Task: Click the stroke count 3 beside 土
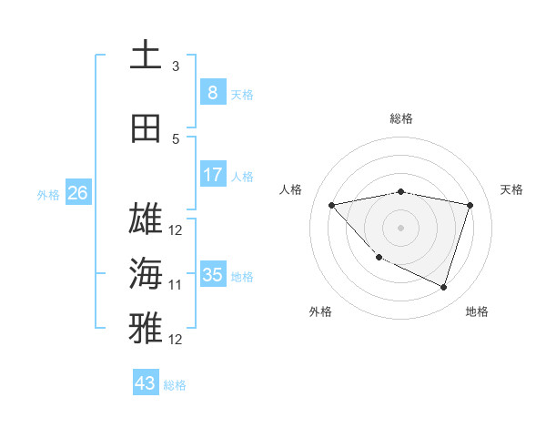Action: pyautogui.click(x=176, y=66)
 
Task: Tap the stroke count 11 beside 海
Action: pyautogui.click(x=176, y=285)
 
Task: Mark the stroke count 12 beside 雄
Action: pyautogui.click(x=176, y=229)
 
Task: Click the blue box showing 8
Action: pyautogui.click(x=212, y=92)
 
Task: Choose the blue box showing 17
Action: pyautogui.click(x=212, y=174)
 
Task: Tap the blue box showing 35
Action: pyautogui.click(x=212, y=274)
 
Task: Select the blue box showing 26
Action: pyautogui.click(x=77, y=192)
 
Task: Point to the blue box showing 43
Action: pyautogui.click(x=145, y=382)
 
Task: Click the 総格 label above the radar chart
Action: pyautogui.click(x=401, y=118)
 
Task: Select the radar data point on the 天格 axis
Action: pyautogui.click(x=470, y=205)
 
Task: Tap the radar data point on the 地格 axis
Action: pyautogui.click(x=443, y=288)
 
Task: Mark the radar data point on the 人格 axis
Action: pyautogui.click(x=332, y=205)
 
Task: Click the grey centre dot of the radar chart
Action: pyautogui.click(x=401, y=227)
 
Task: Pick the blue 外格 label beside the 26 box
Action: pyautogui.click(x=48, y=194)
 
